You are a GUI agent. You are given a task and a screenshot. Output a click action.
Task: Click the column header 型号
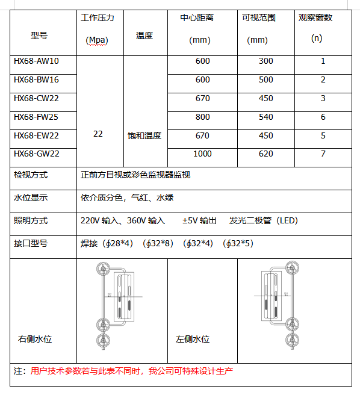(39, 36)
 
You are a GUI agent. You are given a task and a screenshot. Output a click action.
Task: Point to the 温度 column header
(144, 36)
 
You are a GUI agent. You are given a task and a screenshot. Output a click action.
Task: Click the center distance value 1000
(202, 154)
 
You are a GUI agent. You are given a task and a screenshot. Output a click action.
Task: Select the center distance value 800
(202, 117)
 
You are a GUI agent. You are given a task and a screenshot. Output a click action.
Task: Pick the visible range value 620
(265, 154)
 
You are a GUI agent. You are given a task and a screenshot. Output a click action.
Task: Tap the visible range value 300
(265, 61)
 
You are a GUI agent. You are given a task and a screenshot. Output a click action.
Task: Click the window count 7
(323, 154)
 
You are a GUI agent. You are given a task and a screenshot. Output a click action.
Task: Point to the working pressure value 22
(98, 134)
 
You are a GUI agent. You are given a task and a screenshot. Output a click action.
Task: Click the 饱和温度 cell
(144, 135)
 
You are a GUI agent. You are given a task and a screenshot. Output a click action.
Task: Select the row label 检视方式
(31, 175)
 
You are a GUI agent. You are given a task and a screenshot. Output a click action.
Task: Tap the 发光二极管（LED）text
(264, 220)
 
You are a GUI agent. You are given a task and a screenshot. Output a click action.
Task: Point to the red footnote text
(131, 371)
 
